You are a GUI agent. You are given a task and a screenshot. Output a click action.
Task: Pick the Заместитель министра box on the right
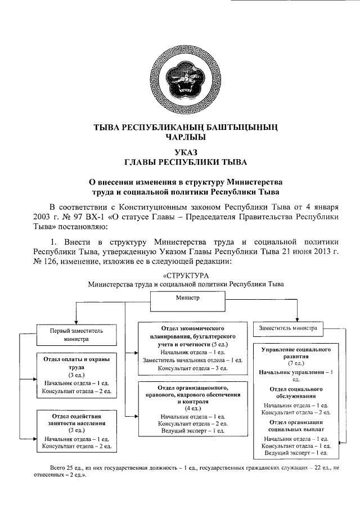pyautogui.click(x=288, y=327)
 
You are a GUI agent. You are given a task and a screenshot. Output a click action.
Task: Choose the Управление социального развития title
pyautogui.click(x=296, y=353)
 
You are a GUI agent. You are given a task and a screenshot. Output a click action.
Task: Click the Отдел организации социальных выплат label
pyautogui.click(x=296, y=425)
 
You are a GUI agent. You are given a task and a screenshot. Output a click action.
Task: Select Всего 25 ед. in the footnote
pyautogui.click(x=66, y=467)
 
